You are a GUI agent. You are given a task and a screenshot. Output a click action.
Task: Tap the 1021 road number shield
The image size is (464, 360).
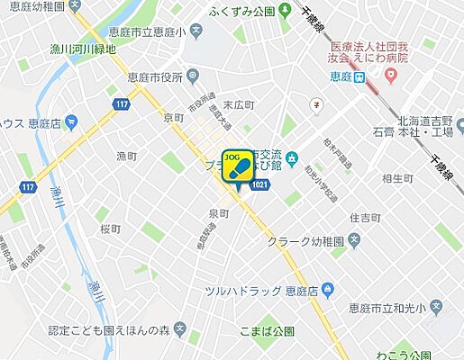(x=259, y=184)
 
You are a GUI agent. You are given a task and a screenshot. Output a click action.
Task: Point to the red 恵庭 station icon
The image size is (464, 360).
(x=360, y=77)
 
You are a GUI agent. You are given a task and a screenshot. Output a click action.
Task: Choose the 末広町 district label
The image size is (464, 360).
(x=238, y=104)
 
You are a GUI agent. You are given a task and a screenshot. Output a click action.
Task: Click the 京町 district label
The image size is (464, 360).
(x=174, y=118)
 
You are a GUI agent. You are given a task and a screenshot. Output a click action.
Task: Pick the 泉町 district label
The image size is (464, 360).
(x=219, y=213)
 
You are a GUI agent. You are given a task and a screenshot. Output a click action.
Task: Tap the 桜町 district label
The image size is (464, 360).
(x=112, y=229)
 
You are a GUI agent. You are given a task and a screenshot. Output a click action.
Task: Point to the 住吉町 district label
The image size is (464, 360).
(x=366, y=217)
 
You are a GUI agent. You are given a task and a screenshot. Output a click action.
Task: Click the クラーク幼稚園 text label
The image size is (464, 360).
(x=305, y=241)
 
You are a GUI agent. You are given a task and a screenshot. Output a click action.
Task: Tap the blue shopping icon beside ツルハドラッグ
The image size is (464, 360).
(x=328, y=290)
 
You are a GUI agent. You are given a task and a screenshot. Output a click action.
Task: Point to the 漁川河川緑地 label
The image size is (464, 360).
(x=85, y=49)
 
